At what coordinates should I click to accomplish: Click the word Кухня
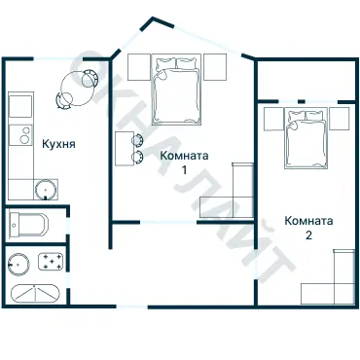[58, 144]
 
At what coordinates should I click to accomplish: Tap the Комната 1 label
[184, 162]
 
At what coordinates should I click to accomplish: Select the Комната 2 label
[308, 228]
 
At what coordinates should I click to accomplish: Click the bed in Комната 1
[177, 90]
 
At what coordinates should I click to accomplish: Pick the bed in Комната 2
[306, 138]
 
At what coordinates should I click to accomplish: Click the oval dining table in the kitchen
[77, 88]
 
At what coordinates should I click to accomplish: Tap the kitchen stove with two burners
[20, 135]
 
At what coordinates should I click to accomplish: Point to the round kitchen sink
[46, 190]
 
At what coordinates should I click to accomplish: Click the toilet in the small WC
[28, 225]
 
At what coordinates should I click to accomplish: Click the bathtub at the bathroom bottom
[35, 294]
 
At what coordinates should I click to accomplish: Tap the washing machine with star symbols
[51, 262]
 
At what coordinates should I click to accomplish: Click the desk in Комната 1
[125, 149]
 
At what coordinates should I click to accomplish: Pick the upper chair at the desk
[137, 140]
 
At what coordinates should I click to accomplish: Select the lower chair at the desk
[137, 157]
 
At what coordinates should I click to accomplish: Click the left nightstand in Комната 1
[139, 67]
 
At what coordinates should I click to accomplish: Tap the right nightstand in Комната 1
[215, 67]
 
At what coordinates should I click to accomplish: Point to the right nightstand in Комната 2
[340, 119]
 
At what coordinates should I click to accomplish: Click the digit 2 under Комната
[308, 234]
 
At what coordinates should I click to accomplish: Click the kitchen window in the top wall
[58, 58]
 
